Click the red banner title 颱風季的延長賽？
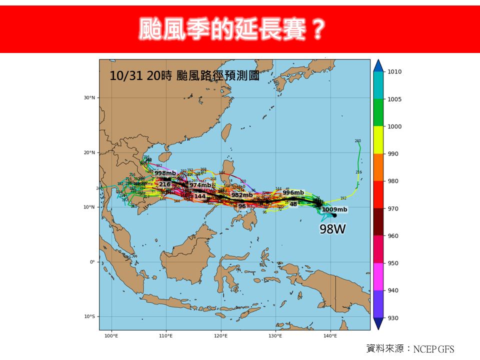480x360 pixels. pyautogui.click(x=230, y=29)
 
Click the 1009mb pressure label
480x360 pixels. pyautogui.click(x=334, y=209)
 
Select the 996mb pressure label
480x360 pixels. pyautogui.click(x=293, y=192)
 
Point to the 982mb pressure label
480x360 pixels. pyautogui.click(x=242, y=195)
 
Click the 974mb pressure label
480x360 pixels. pyautogui.click(x=200, y=185)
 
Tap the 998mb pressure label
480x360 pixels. pyautogui.click(x=165, y=173)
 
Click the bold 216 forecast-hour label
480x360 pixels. pyautogui.click(x=165, y=184)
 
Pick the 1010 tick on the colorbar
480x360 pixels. pyautogui.click(x=394, y=72)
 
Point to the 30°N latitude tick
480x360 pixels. pyautogui.click(x=89, y=98)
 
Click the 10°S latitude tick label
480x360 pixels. pyautogui.click(x=89, y=316)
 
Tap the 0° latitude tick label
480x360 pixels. pyautogui.click(x=92, y=262)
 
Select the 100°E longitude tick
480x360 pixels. pyautogui.click(x=111, y=336)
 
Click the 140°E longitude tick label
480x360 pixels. pyautogui.click(x=330, y=336)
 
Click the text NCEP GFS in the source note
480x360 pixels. pyautogui.click(x=433, y=349)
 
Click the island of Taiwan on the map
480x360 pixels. pyautogui.click(x=226, y=132)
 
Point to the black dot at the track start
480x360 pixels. pyautogui.click(x=333, y=215)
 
